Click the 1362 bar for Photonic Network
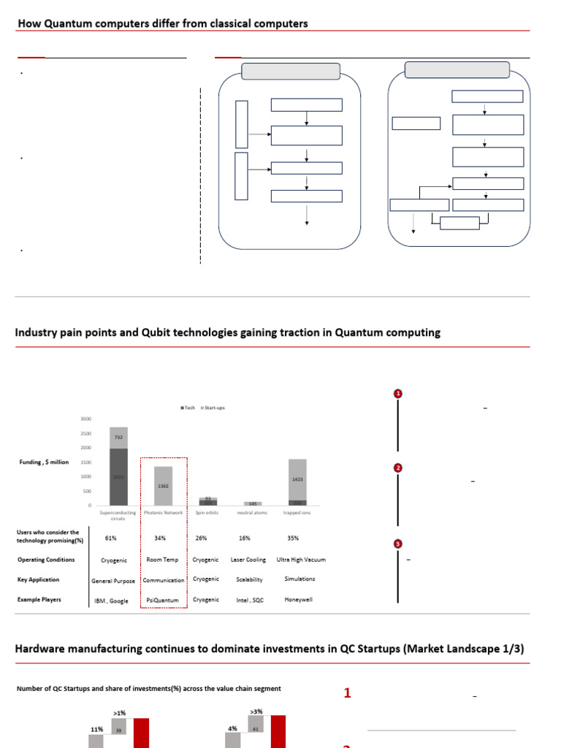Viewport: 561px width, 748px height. [x=164, y=485]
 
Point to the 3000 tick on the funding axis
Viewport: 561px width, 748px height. [x=86, y=419]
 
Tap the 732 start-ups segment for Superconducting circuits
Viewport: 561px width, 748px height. [x=118, y=437]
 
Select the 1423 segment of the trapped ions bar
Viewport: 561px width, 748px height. [x=297, y=480]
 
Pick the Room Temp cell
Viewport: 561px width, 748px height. [x=164, y=560]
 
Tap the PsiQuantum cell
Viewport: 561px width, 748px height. [x=163, y=600]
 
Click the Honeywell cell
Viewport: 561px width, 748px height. [x=299, y=600]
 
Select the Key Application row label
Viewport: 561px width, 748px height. [x=39, y=579]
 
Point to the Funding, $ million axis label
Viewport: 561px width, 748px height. [x=44, y=462]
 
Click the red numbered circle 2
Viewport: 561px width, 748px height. [x=398, y=467]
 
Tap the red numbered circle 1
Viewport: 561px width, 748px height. [x=398, y=394]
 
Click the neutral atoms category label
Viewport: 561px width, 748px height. [x=253, y=513]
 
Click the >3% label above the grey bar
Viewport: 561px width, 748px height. [x=256, y=711]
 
